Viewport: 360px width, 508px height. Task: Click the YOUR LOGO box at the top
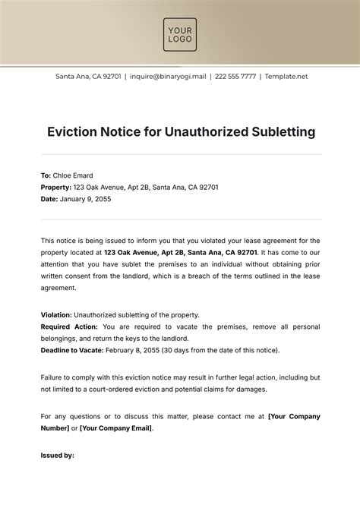180,35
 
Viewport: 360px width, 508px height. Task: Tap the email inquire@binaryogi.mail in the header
168,77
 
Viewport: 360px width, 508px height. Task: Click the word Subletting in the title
278,132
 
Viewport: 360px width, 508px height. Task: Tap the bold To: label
46,174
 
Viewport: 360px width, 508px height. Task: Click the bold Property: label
56,186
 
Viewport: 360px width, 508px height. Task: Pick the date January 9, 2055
86,198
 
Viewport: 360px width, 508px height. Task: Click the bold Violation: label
56,314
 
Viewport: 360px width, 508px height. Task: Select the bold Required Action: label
69,327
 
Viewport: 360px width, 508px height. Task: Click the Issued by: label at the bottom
57,456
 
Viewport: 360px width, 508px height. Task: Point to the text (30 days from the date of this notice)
228,350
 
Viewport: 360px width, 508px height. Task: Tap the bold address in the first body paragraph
175,252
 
